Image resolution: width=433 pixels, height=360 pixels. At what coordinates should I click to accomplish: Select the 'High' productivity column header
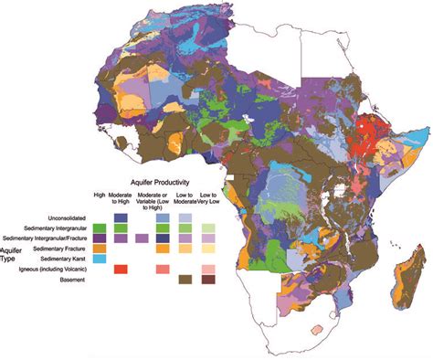pos(99,194)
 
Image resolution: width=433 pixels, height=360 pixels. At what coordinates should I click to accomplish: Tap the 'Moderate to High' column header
pos(120,196)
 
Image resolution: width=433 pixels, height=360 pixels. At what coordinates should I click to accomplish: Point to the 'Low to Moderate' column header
pos(185,196)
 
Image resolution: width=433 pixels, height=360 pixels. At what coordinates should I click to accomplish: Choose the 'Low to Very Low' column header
pos(209,196)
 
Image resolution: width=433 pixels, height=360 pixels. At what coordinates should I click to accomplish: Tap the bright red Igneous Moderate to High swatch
pos(120,270)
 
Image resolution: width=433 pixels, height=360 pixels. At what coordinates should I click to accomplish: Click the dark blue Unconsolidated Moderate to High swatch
pos(120,216)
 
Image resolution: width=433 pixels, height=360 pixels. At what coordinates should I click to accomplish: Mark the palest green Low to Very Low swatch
pos(209,227)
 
